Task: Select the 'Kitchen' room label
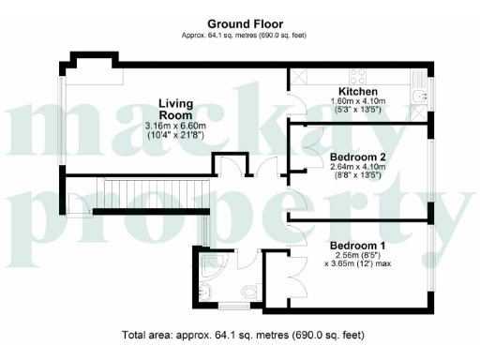[357, 91]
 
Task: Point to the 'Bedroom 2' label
[358, 157]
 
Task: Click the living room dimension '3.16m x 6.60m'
[175, 127]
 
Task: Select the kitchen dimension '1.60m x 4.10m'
[357, 101]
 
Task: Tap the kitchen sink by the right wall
[419, 93]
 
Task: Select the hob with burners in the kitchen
[359, 73]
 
